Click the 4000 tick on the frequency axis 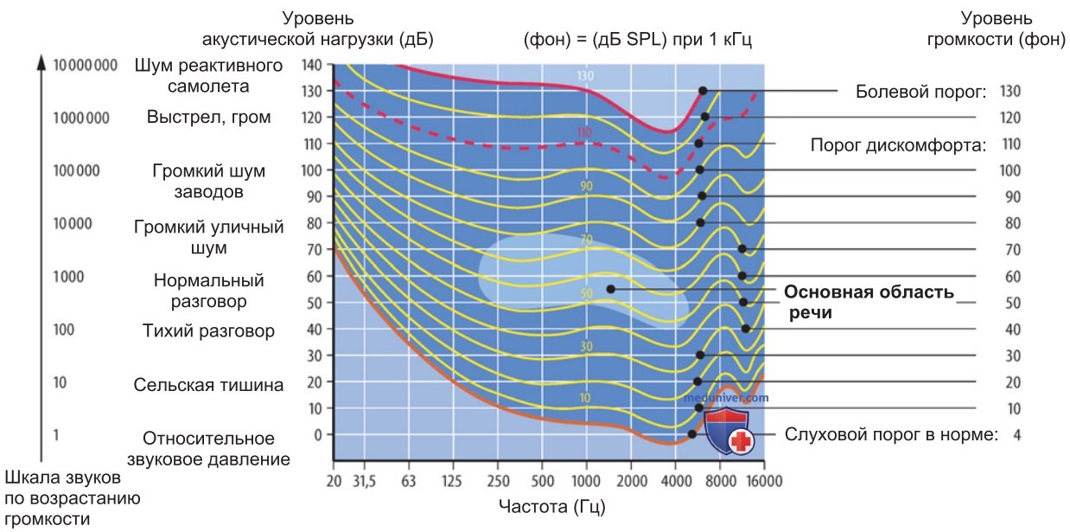click(x=675, y=481)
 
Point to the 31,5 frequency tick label click(x=364, y=481)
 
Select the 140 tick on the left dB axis click(x=312, y=65)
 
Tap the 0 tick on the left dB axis click(x=318, y=435)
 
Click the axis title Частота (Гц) click(x=551, y=507)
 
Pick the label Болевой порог click(x=920, y=92)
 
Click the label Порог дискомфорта click(x=898, y=144)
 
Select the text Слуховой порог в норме click(x=891, y=435)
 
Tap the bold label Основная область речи click(x=869, y=302)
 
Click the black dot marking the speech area click(x=610, y=289)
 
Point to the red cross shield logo click(x=728, y=430)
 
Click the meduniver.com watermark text click(x=726, y=398)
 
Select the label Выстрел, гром click(x=209, y=117)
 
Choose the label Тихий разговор click(x=209, y=330)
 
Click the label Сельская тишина click(x=208, y=385)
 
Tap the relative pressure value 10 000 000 click(x=85, y=65)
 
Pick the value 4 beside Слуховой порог click(x=1017, y=435)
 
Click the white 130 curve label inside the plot click(x=585, y=76)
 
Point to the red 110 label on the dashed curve click(x=583, y=132)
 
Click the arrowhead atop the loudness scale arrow click(x=41, y=62)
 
